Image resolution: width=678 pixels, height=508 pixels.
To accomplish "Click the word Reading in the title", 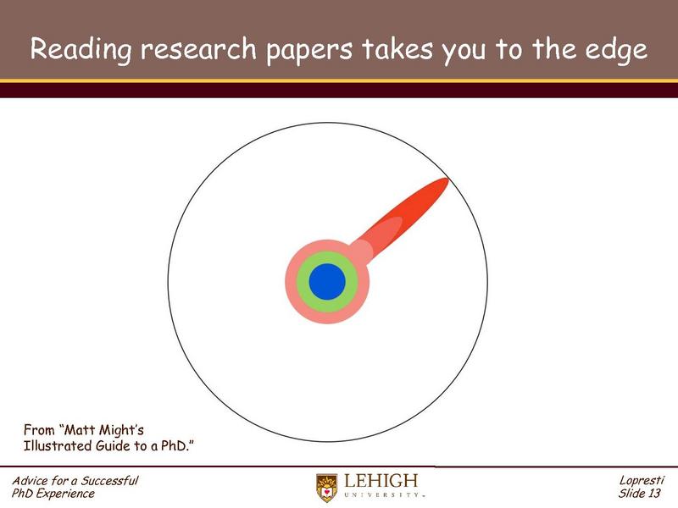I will point(81,51).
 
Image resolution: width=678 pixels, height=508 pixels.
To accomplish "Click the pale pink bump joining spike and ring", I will point(362,250).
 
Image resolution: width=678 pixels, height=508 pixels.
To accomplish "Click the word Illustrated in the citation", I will point(58,445).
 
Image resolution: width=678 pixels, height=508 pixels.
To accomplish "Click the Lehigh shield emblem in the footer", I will point(326,487).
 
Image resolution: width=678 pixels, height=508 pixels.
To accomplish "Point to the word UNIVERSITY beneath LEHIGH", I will point(381,495).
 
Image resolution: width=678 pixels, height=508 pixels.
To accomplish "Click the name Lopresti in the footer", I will point(642,481).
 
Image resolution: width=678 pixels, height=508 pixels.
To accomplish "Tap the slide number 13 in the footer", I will point(653,494).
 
